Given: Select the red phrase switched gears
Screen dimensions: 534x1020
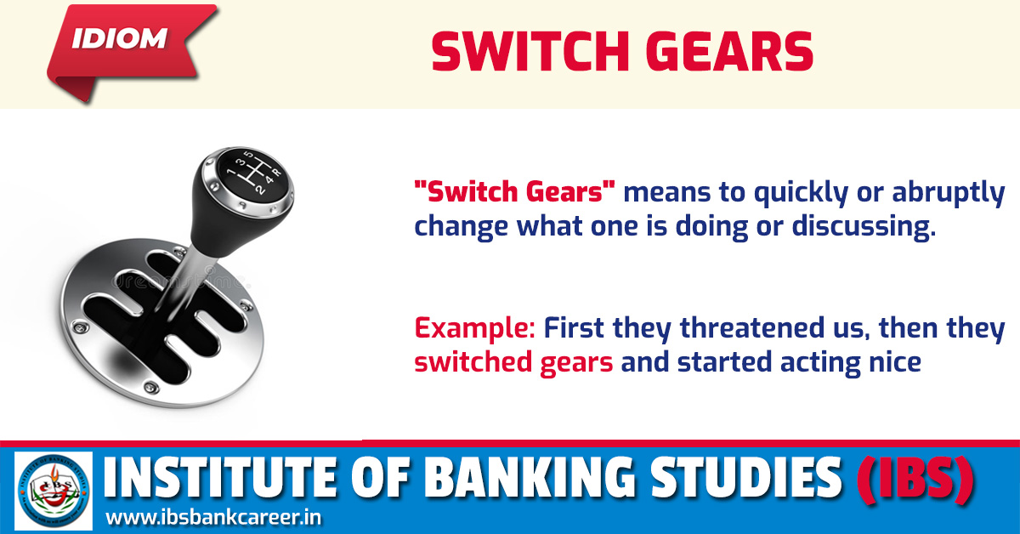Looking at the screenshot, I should [513, 362].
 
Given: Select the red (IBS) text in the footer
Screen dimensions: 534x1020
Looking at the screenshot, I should [913, 480].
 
